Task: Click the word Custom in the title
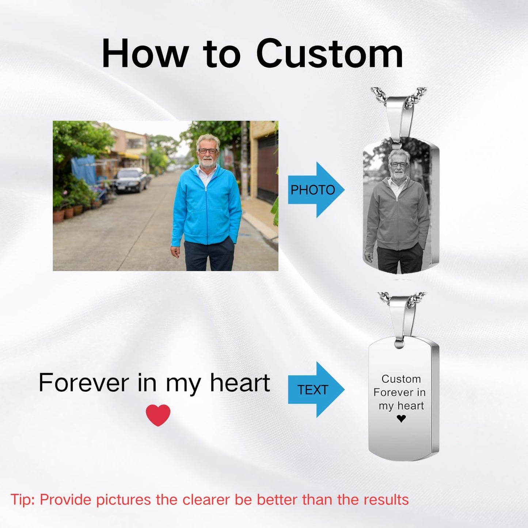(330, 54)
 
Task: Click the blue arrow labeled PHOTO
(316, 190)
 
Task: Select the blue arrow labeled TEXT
(316, 390)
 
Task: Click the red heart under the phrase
(158, 415)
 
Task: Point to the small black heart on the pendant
(401, 418)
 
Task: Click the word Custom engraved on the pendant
(401, 379)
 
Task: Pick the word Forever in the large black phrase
(83, 383)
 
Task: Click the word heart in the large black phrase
(240, 383)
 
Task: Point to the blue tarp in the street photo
(84, 169)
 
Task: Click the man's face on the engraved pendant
(399, 164)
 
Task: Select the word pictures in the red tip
(123, 499)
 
